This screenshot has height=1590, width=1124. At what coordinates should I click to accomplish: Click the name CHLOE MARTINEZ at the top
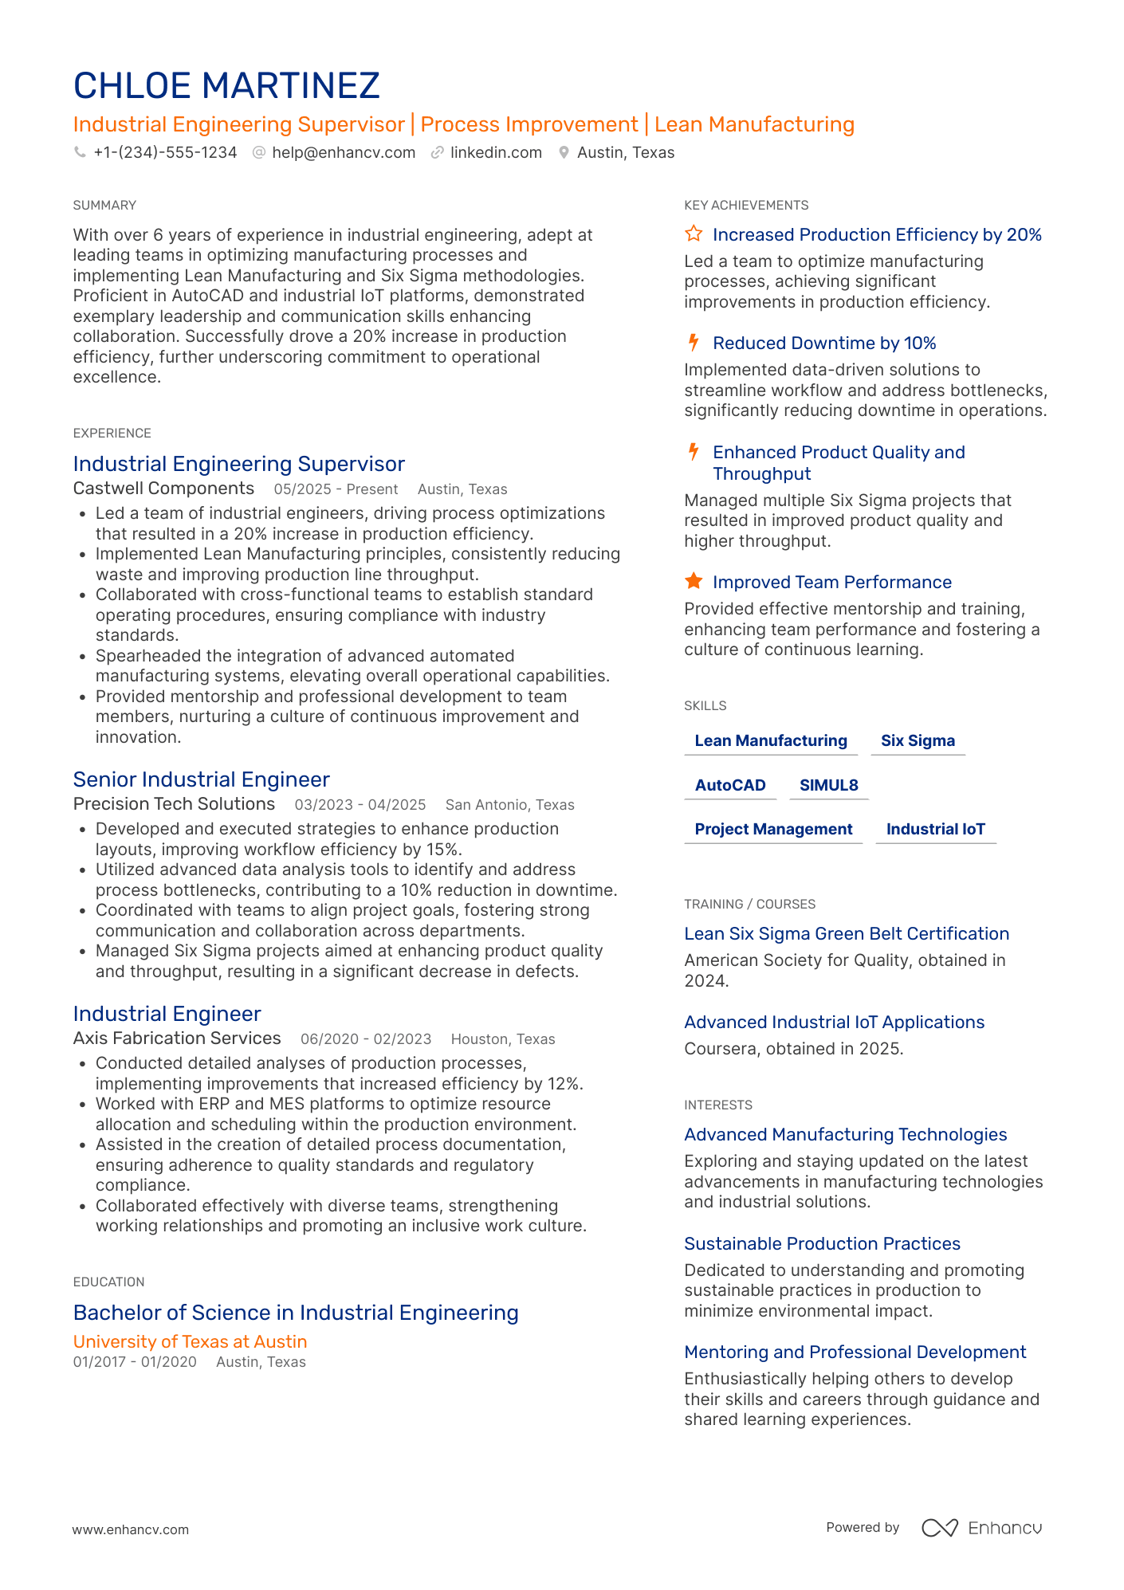pos(226,86)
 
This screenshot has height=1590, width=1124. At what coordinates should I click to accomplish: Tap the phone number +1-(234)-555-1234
pos(165,152)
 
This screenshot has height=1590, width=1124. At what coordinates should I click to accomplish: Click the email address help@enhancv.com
pos(343,152)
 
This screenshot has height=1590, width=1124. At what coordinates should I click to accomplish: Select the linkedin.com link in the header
pos(495,152)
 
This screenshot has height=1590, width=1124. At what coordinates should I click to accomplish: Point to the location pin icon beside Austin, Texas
pos(564,152)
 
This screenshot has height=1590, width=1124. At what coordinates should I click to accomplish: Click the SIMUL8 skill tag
pos(828,785)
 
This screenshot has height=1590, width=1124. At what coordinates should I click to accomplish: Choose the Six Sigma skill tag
pos(918,740)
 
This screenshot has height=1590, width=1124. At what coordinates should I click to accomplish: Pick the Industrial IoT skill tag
pos(935,829)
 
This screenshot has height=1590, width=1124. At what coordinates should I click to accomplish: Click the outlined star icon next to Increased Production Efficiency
pos(694,234)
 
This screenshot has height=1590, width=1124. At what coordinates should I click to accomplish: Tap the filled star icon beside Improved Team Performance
pos(694,581)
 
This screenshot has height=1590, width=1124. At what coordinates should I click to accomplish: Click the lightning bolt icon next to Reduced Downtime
pos(694,343)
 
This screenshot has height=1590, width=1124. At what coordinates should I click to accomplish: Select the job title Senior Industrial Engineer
pos(201,779)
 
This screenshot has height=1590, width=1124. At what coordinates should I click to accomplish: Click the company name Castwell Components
pos(163,489)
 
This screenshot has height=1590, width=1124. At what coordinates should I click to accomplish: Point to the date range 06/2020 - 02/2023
pos(366,1039)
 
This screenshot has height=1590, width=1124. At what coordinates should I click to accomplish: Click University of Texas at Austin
pos(190,1341)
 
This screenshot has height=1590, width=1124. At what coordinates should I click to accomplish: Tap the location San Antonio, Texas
pos(509,805)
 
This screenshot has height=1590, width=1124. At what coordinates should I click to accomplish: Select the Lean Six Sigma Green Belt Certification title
pos(847,933)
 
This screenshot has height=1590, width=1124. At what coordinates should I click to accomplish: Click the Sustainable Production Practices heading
pos(822,1243)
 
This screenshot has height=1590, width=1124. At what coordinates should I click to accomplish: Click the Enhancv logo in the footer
pos(981,1528)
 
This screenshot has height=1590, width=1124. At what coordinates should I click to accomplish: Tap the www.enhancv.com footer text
pos(131,1529)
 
